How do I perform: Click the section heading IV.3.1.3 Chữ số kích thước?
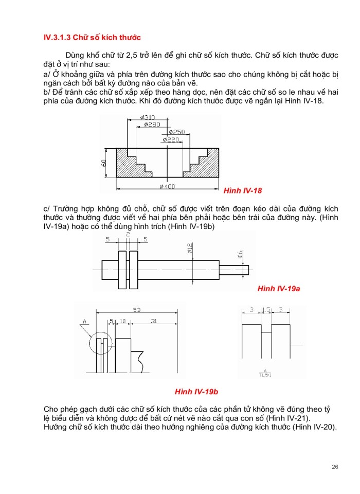pos(93,38)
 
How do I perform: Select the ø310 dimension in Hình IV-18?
pos(148,118)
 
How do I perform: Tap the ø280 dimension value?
pos(152,125)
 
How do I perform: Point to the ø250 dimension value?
pos(176,132)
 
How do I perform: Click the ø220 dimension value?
pos(171,139)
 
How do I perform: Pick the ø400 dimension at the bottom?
pos(168,186)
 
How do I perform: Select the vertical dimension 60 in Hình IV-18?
pos(104,163)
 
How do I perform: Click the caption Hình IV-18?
pos(243,191)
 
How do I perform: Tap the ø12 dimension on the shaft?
pos(190,249)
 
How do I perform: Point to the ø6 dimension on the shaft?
pos(240,254)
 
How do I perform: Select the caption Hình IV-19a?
pos(278,289)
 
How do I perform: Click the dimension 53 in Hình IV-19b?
pos(137,310)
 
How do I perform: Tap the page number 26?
pos(335,467)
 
